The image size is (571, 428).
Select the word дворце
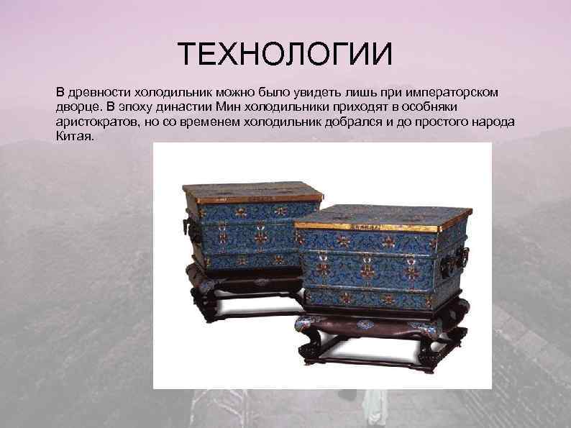[x=76, y=107]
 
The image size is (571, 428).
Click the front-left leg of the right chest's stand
[x=307, y=352]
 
